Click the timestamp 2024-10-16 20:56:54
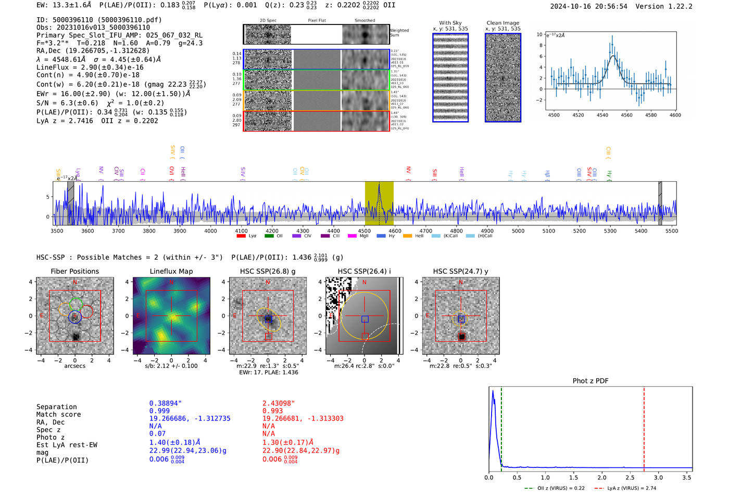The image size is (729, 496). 588,7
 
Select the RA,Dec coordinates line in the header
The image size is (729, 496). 93,50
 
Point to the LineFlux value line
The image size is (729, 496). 90,67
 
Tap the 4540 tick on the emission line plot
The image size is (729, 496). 602,115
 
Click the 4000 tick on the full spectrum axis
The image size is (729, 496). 210,231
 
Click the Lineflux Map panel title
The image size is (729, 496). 171,271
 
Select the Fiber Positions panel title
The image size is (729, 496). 74,271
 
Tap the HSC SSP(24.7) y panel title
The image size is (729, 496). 460,271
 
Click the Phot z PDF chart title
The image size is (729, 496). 590,381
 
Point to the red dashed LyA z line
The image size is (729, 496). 644,427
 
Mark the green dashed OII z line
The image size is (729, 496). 501,427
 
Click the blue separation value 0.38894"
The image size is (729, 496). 165,403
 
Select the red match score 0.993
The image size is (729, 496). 272,411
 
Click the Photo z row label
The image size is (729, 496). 51,437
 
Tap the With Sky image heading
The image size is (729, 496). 450,23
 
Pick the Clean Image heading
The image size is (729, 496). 502,23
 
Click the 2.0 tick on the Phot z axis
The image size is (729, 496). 601,477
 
